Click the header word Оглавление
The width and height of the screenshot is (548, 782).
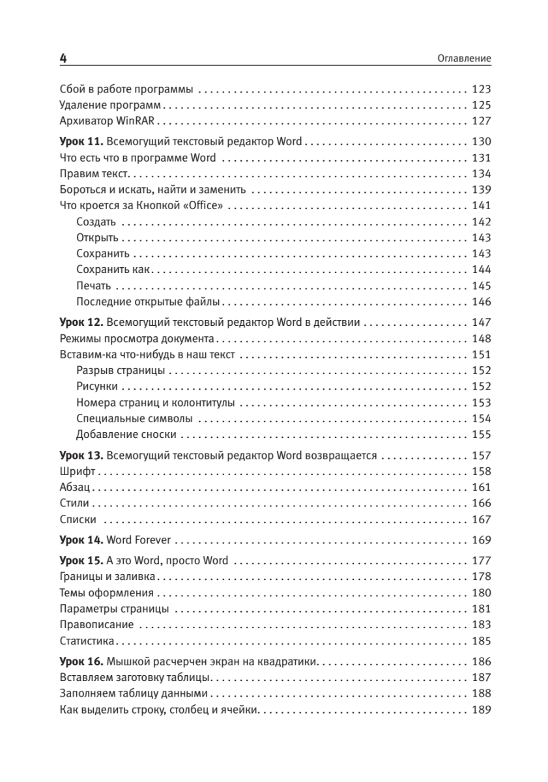(x=464, y=59)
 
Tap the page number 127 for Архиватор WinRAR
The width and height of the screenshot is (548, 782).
(x=481, y=121)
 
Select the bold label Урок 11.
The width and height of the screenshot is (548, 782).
(x=81, y=141)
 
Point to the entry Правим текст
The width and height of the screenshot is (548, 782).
(x=95, y=173)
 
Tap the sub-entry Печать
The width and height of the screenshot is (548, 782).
(x=94, y=286)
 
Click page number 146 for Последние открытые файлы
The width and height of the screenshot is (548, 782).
(x=481, y=302)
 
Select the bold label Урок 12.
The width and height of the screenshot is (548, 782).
(x=81, y=323)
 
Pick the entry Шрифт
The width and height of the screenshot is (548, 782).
(x=77, y=471)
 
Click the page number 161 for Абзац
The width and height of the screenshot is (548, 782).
(x=481, y=487)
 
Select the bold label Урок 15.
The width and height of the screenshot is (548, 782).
(x=81, y=560)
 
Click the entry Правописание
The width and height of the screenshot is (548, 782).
(x=96, y=625)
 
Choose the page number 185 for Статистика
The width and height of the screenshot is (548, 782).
(x=481, y=641)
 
